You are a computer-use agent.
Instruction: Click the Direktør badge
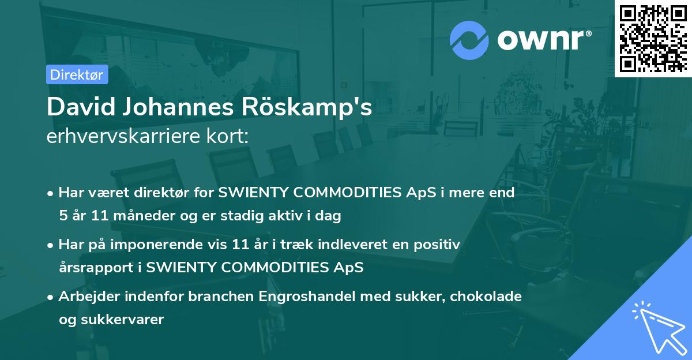click(77, 74)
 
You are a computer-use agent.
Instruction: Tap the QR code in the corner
click(653, 38)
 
